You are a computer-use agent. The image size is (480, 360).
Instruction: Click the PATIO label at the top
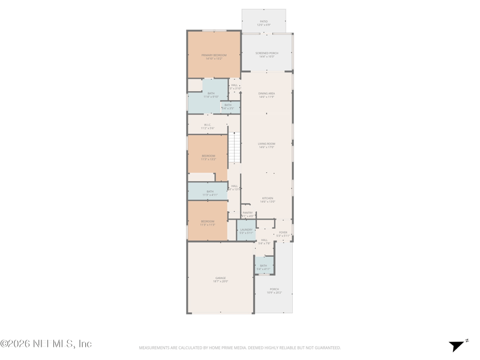pyautogui.click(x=264, y=22)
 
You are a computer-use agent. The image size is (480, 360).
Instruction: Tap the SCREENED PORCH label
pyautogui.click(x=266, y=53)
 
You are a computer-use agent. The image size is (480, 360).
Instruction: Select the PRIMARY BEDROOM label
pyautogui.click(x=214, y=55)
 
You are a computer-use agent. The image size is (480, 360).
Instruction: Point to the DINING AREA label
pyautogui.click(x=266, y=94)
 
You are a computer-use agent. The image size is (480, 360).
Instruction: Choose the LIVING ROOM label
pyautogui.click(x=266, y=144)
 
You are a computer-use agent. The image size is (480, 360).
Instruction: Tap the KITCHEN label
pyautogui.click(x=267, y=198)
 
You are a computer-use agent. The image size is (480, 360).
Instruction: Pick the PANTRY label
pyautogui.click(x=247, y=212)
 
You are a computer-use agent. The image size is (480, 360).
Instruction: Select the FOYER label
pyautogui.click(x=283, y=232)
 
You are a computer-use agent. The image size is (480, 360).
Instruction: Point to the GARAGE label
pyautogui.click(x=220, y=278)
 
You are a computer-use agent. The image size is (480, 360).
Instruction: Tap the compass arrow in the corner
pyautogui.click(x=457, y=346)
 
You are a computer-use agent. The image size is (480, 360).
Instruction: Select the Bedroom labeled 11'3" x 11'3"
pyautogui.click(x=207, y=221)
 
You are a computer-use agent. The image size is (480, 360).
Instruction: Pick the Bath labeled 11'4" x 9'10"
pyautogui.click(x=211, y=94)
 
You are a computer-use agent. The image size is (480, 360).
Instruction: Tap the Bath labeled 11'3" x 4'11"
pyautogui.click(x=209, y=191)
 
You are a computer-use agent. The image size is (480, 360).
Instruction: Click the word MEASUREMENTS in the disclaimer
pyautogui.click(x=154, y=347)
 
